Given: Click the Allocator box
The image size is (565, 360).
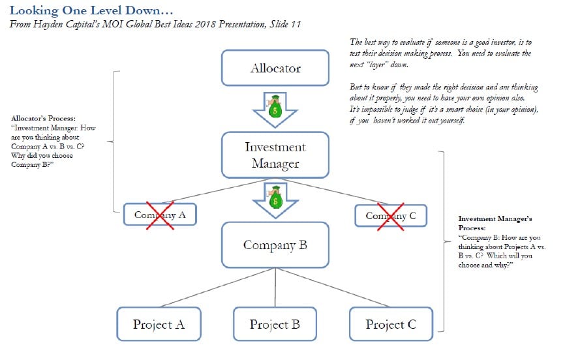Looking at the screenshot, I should (275, 68).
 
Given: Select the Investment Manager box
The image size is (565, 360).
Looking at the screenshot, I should (275, 155).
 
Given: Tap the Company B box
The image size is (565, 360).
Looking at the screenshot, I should (275, 245).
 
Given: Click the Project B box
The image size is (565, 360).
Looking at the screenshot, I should (275, 324).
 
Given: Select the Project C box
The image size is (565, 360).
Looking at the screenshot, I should (391, 324).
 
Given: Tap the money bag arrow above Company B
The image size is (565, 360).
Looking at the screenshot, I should (275, 200).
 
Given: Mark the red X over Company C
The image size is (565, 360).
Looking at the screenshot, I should (386, 215).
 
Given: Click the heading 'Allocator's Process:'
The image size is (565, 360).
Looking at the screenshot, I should (43, 119).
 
